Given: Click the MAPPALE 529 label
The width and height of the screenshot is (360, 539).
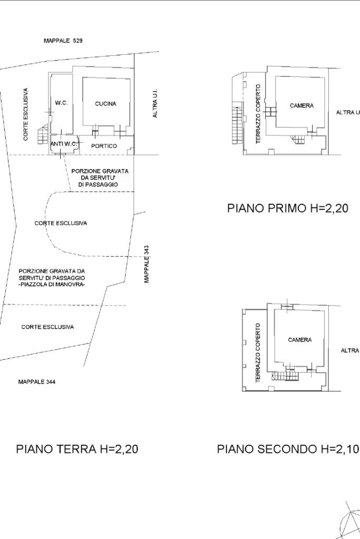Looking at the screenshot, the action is click(x=63, y=41).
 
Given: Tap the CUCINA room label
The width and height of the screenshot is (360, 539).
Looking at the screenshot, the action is click(x=105, y=103).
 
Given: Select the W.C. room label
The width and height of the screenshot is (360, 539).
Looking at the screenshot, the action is click(x=61, y=103).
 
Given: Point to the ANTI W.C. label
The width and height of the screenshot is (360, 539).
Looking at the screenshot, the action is click(x=64, y=144).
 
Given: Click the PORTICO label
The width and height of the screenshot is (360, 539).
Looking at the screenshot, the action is click(x=104, y=146).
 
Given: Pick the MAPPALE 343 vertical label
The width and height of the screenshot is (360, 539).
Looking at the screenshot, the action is click(x=147, y=263).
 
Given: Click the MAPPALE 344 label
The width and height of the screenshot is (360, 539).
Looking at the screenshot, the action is click(x=37, y=381).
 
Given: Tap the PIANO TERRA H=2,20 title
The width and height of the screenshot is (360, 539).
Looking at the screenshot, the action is click(x=77, y=449).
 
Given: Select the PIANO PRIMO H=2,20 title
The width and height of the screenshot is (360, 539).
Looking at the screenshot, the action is click(x=287, y=208).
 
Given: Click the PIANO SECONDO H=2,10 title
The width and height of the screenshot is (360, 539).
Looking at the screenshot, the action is click(x=288, y=449).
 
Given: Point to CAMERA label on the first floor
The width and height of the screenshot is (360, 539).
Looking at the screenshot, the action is click(x=301, y=105).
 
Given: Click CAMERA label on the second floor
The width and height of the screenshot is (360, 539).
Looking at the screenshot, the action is click(x=300, y=340).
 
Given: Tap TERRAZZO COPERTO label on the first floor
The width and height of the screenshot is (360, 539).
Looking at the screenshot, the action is click(x=258, y=114).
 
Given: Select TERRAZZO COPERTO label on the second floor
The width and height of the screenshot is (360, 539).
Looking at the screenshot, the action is click(x=258, y=352).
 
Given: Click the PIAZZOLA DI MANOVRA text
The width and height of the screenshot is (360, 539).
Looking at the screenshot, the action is click(x=52, y=285).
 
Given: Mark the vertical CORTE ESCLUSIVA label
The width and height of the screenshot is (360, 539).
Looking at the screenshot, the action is click(x=26, y=114).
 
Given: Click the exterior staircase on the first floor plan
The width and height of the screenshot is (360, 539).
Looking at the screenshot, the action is click(x=237, y=124).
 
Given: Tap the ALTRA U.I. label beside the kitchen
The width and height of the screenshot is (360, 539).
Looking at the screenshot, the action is click(x=155, y=103).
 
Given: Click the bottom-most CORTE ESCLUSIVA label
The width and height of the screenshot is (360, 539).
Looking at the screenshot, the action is click(x=47, y=327).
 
